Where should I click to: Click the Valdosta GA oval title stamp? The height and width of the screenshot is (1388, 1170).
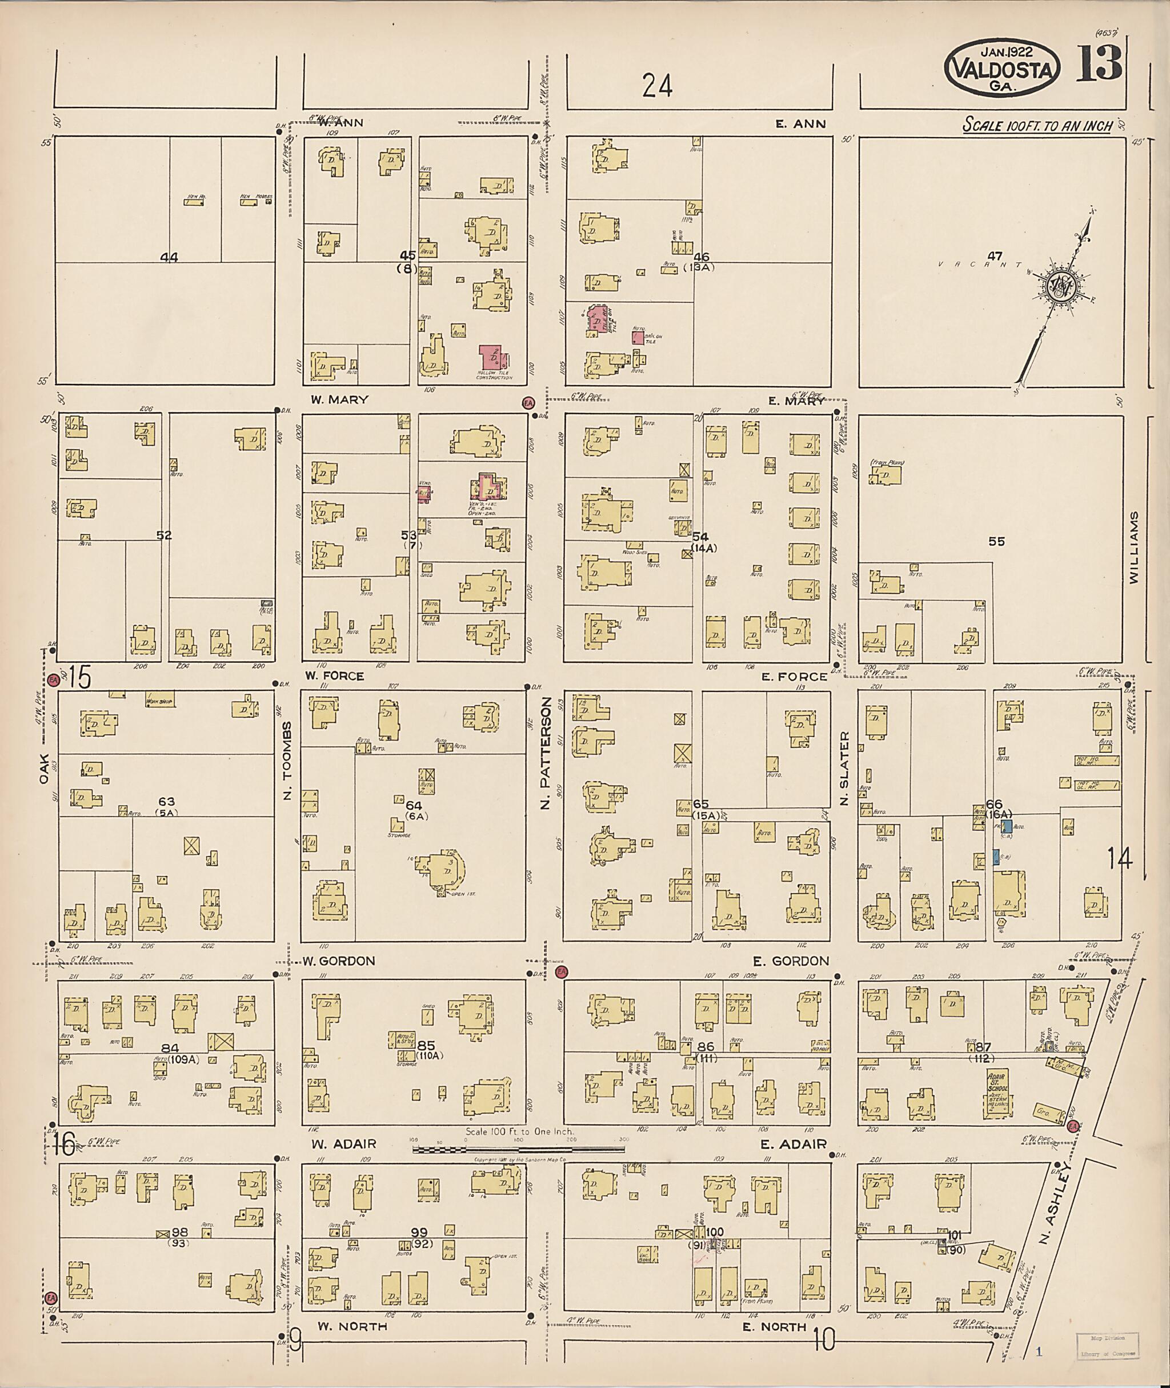click(x=1001, y=69)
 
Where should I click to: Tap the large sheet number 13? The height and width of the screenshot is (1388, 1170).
click(x=1099, y=65)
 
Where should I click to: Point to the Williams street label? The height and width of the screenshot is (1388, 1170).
click(x=1133, y=547)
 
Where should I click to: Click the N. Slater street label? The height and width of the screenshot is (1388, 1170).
click(x=844, y=769)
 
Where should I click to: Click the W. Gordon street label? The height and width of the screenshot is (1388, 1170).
click(x=339, y=961)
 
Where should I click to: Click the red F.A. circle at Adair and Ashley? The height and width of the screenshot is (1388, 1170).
click(x=1073, y=1126)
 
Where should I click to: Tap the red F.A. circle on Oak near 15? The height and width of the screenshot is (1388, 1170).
click(x=54, y=679)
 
